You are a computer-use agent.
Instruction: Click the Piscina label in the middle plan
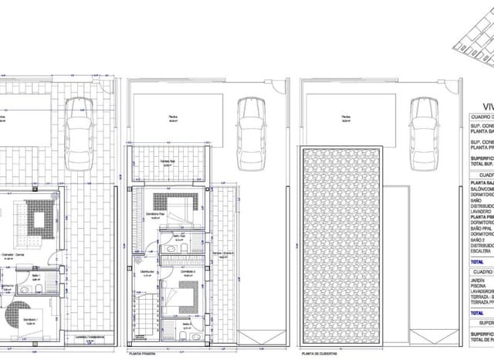(174, 117)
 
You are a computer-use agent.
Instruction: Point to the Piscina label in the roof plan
(347, 117)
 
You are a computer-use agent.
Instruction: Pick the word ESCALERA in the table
(482, 260)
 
